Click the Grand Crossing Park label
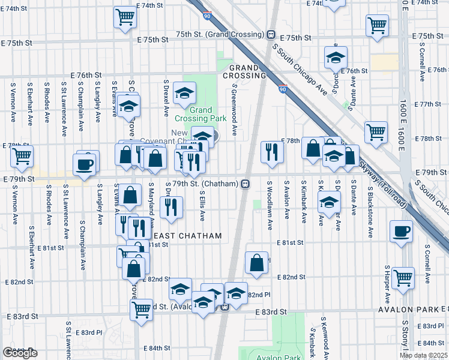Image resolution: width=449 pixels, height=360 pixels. click(201, 114)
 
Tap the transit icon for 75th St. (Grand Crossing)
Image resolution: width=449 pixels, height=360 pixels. click(271, 35)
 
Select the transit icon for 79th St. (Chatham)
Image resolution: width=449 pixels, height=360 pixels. click(246, 184)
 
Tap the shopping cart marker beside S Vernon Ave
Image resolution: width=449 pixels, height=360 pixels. click(22, 156)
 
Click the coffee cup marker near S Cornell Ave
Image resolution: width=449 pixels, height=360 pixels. click(400, 232)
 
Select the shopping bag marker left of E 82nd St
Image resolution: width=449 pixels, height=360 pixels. click(256, 262)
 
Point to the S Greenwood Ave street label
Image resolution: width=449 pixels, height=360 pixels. click(232, 114)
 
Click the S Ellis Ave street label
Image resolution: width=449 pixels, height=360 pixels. click(202, 206)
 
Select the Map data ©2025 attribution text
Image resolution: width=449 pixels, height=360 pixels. click(423, 355)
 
